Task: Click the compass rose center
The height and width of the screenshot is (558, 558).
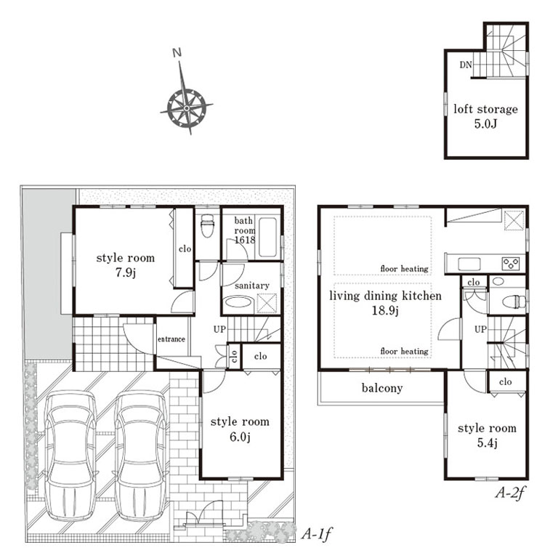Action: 187,108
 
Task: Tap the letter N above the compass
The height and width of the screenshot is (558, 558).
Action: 177,52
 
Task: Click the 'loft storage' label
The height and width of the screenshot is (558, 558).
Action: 485,109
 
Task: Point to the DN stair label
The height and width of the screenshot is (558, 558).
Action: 466,65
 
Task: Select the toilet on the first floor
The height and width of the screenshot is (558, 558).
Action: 207,226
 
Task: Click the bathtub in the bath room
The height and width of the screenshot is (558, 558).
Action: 267,237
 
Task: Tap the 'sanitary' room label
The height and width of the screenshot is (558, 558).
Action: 252,286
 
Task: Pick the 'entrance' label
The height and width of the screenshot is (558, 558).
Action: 171,339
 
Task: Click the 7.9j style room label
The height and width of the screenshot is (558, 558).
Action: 125,265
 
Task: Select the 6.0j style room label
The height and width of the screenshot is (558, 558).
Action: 240,429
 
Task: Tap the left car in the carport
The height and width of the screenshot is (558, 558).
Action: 70,456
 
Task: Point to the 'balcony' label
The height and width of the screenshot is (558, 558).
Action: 382,388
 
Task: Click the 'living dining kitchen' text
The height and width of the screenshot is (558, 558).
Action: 385,296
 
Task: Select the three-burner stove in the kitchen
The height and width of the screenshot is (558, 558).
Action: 511,264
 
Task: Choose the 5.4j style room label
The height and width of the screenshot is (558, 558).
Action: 487,435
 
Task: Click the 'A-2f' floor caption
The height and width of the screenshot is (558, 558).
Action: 509,493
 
